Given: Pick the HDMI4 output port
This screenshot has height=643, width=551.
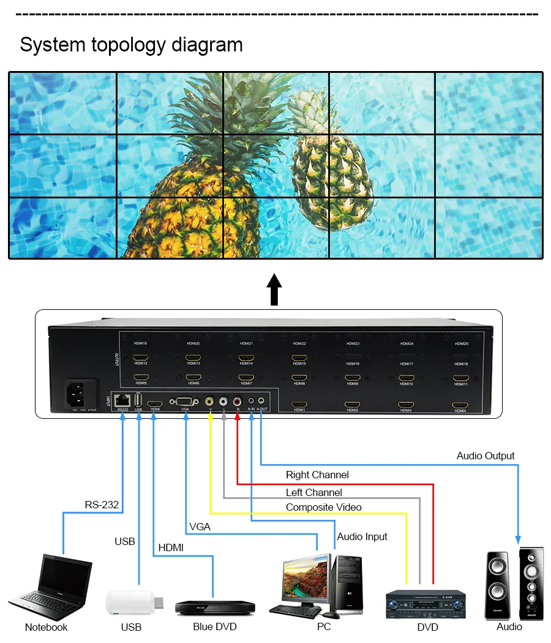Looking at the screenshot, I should tap(460, 405).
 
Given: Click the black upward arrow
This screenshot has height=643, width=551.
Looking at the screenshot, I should tap(275, 289).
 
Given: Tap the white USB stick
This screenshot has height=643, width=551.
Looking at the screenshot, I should tap(133, 603).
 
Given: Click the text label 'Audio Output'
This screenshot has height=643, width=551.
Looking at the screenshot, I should tap(485, 456).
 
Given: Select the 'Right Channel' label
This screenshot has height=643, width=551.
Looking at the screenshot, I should tap(317, 475).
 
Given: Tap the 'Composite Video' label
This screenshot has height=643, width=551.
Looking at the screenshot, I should tap(323, 507).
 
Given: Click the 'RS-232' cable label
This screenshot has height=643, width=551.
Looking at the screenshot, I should tap(102, 505).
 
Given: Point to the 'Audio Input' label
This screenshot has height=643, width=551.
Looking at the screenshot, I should tap(362, 536).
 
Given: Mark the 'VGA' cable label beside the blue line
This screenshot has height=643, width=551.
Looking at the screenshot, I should tap(200, 527).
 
